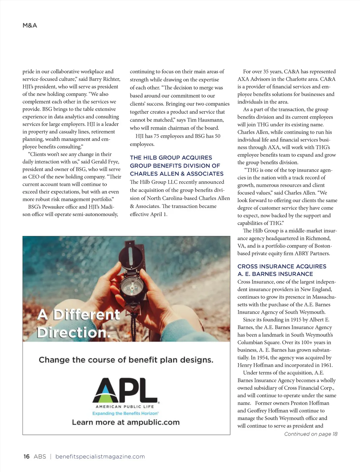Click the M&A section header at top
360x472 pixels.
click(30, 25)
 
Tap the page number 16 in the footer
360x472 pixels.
click(26, 457)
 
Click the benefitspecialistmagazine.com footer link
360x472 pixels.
click(100, 457)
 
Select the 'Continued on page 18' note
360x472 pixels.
click(311, 434)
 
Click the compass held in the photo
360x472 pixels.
click(131, 286)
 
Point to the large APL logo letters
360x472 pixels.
click(125, 390)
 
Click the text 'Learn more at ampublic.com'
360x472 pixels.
click(126, 422)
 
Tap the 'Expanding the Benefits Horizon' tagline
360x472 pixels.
click(126, 413)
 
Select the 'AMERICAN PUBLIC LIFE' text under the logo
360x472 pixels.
click(125, 407)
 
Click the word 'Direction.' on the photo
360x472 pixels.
click(73, 332)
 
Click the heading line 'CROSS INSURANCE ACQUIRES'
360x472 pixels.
click(282, 267)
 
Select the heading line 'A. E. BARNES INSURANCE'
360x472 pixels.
click(275, 274)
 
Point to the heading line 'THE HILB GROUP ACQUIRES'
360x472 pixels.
click(171, 158)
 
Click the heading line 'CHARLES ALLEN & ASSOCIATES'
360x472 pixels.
click(176, 174)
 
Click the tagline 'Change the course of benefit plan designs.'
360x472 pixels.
click(126, 360)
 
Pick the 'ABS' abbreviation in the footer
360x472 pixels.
click(40, 457)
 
